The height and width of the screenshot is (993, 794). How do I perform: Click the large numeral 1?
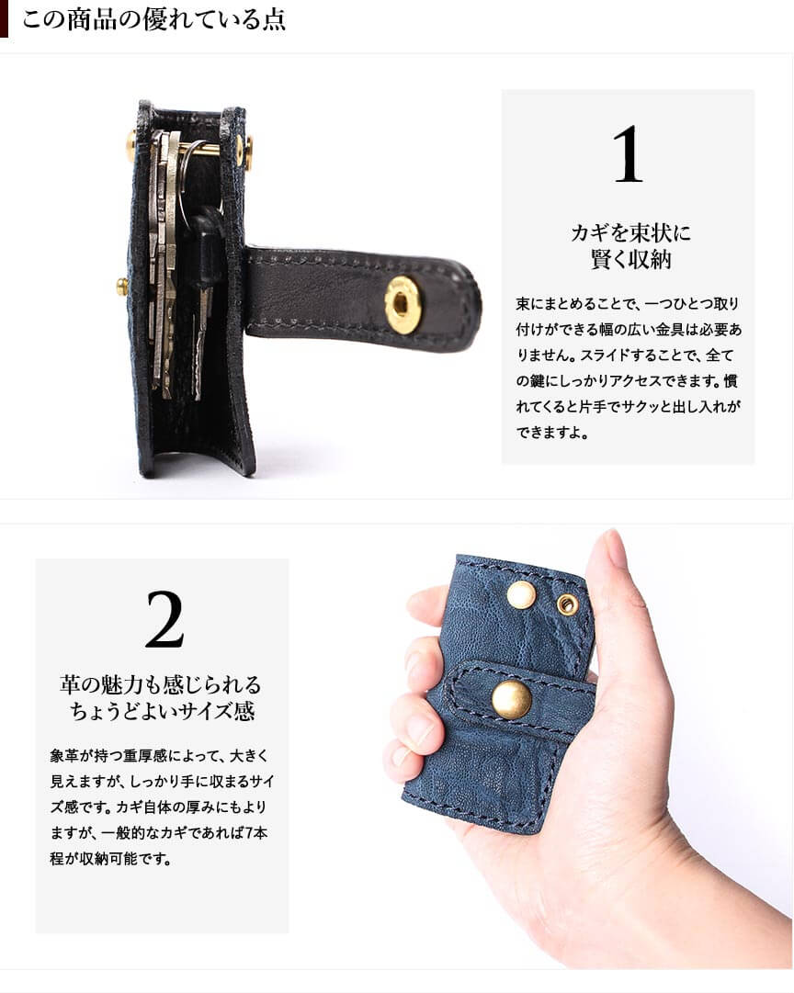click(628, 154)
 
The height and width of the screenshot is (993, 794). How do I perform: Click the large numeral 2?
click(164, 619)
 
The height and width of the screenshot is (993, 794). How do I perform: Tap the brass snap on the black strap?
click(401, 303)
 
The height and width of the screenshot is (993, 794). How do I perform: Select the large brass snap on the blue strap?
click(512, 699)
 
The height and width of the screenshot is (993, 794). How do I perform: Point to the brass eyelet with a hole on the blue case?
click(567, 604)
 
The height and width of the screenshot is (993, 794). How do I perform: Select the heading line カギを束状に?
click(630, 233)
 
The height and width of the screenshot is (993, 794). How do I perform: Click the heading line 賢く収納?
click(630, 260)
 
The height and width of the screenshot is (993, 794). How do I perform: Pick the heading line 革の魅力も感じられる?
click(160, 684)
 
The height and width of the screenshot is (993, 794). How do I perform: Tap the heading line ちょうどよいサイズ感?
click(163, 711)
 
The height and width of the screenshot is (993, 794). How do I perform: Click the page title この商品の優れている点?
click(153, 19)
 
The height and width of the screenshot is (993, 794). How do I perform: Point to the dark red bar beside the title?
click(5, 18)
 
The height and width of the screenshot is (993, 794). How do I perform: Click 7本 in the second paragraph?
click(256, 832)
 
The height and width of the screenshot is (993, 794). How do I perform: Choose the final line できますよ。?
click(552, 434)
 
